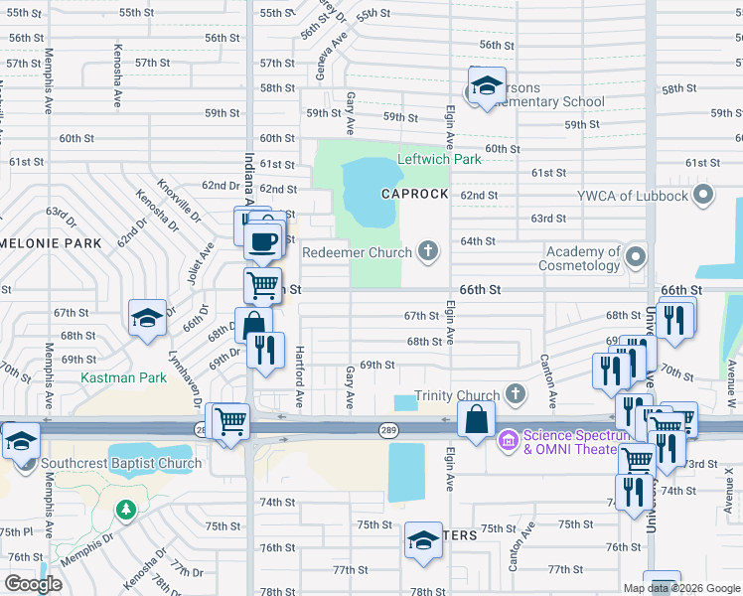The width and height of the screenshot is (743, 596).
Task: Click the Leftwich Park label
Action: click(439, 159)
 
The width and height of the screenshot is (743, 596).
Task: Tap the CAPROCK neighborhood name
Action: click(415, 194)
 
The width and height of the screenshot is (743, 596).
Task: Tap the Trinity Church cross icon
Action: click(515, 394)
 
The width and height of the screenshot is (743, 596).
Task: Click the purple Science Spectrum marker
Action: click(508, 438)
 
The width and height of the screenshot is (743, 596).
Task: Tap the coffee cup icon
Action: click(263, 240)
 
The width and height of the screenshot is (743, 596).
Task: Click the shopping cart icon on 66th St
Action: click(262, 285)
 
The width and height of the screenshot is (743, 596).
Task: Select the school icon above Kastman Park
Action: click(147, 318)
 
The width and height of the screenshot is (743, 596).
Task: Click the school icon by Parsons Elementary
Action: click(487, 86)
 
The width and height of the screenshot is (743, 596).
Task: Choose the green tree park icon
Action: click(125, 510)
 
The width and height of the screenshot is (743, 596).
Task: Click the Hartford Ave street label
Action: click(299, 375)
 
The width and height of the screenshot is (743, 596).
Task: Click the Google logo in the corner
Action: click(33, 584)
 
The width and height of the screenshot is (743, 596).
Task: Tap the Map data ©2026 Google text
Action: click(681, 588)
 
